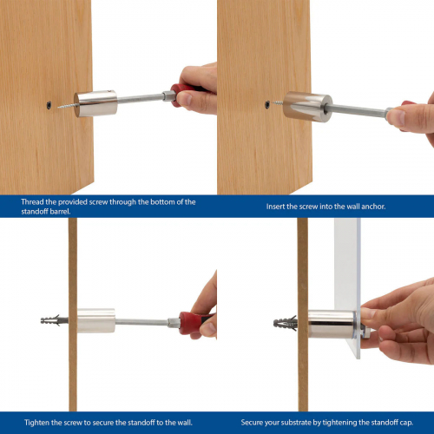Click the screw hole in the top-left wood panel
49,105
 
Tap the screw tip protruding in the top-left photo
58,108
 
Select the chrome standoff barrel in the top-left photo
95,103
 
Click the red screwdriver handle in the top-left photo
185,93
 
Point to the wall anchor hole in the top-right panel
267,105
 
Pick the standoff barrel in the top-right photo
307,107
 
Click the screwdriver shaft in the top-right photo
358,111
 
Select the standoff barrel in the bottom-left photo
96,320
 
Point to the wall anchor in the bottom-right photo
286,323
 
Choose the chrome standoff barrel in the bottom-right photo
332,324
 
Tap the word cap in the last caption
407,423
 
